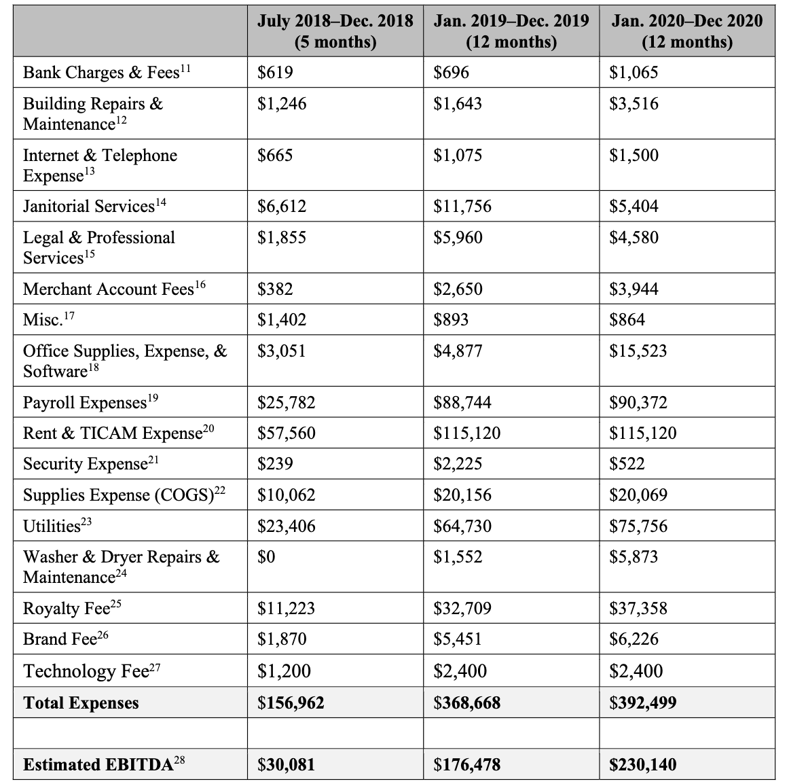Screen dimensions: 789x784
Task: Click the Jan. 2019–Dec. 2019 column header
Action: (x=511, y=31)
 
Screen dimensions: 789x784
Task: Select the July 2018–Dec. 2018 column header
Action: (x=335, y=31)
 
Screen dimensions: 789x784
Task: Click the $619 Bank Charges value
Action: (x=275, y=73)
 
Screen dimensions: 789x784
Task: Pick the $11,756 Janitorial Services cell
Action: (x=462, y=207)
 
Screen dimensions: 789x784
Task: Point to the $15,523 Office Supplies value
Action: (x=638, y=351)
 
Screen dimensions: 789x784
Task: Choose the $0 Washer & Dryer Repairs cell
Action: (x=266, y=557)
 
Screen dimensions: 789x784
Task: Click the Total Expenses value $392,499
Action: (x=642, y=703)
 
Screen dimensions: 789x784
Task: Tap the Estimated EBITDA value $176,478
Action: (x=467, y=765)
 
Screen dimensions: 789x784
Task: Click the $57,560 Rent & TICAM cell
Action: (x=287, y=433)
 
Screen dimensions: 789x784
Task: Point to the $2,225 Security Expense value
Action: (x=458, y=464)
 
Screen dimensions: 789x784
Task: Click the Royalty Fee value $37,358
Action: (x=638, y=608)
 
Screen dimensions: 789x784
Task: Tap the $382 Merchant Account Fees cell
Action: (x=275, y=289)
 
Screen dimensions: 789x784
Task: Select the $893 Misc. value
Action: (x=451, y=320)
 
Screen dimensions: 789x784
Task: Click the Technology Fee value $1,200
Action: (x=284, y=671)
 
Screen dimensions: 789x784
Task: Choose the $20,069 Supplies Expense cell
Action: (x=638, y=495)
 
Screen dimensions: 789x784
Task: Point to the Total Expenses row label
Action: (x=81, y=703)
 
